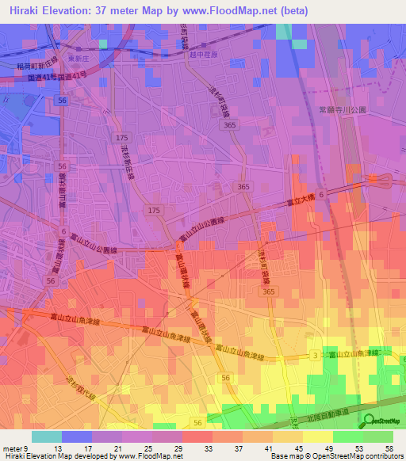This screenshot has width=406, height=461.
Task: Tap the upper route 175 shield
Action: (x=121, y=138)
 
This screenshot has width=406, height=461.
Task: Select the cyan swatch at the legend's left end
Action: (x=47, y=436)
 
